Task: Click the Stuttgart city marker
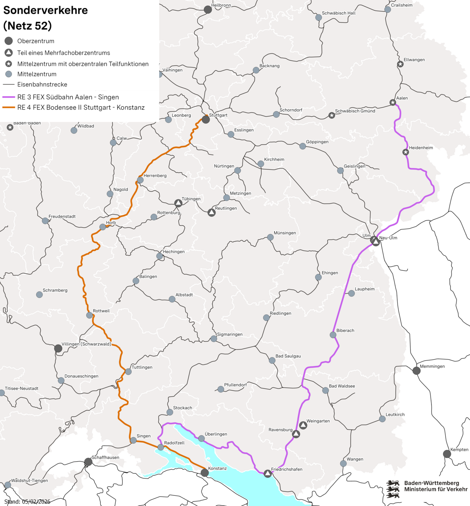[x=206, y=119]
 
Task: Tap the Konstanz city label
[x=217, y=468]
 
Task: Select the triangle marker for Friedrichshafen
[x=267, y=473]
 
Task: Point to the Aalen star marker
[x=393, y=103]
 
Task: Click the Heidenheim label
[x=421, y=148]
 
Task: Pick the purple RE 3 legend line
[x=9, y=97]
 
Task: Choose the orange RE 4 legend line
[x=9, y=108]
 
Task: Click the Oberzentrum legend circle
[x=9, y=41]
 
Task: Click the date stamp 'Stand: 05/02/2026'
[x=27, y=502]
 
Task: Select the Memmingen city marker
[x=417, y=370]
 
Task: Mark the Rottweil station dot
[x=90, y=315]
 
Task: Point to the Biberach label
[x=345, y=330]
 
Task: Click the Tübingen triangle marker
[x=178, y=203]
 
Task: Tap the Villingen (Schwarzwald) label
[x=87, y=344]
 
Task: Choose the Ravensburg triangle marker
[x=296, y=434]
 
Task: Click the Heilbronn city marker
[x=208, y=10]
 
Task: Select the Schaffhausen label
[x=105, y=457]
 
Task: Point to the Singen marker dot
[x=133, y=440]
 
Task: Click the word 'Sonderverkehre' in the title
[x=46, y=10]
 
